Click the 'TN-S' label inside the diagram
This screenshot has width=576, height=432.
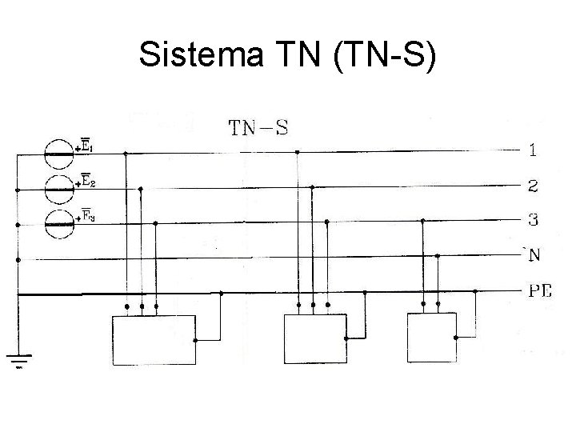(258, 127)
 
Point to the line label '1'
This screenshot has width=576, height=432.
(532, 150)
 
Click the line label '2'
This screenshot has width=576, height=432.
(532, 187)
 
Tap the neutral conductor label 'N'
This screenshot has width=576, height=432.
(532, 255)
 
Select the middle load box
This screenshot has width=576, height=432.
(315, 339)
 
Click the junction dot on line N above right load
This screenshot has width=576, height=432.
(437, 255)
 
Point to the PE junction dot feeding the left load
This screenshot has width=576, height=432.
(221, 294)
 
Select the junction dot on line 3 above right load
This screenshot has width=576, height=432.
(422, 223)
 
